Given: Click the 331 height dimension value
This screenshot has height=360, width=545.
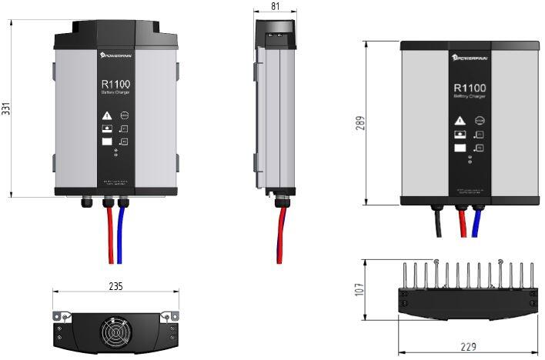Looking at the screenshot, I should (7, 108).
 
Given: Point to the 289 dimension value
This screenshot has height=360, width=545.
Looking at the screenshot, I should (359, 123).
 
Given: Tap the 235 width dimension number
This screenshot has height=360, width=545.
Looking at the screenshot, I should (115, 285).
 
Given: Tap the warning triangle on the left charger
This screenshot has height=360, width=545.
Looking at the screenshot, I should (106, 116).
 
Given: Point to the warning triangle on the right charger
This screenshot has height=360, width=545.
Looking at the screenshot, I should (460, 120).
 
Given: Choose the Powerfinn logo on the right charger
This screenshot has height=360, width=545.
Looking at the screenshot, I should (470, 57).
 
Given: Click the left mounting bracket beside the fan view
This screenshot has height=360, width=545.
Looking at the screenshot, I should (61, 316).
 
